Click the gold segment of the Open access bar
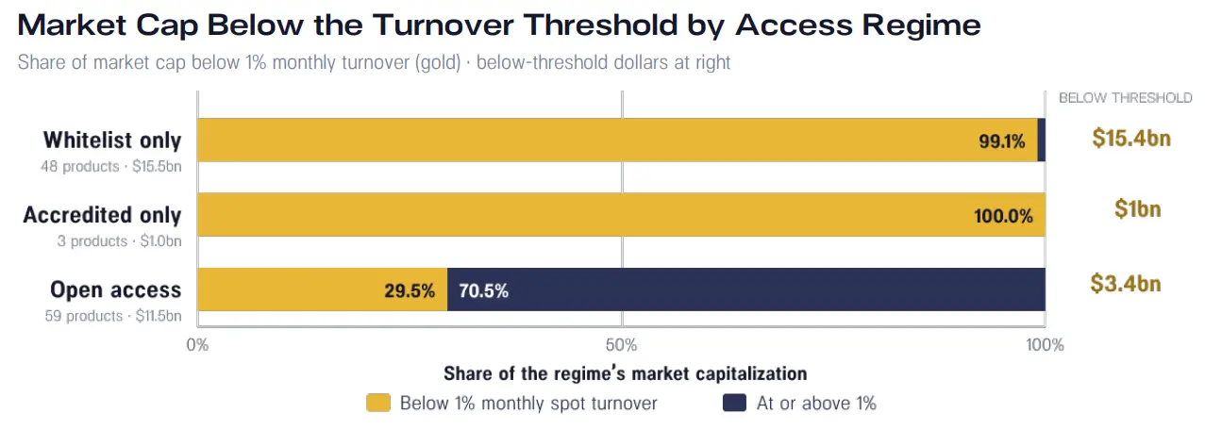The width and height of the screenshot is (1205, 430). click(322, 289)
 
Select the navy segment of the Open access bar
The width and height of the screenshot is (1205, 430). click(746, 289)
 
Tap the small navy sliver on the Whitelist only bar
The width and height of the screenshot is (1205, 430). click(1042, 140)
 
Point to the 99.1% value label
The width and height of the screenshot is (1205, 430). click(1002, 141)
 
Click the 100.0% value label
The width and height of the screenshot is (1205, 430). click(1003, 216)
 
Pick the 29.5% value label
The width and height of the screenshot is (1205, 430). click(410, 290)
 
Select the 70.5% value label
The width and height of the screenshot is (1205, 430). click(484, 290)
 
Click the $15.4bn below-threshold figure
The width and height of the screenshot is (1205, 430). click(1131, 138)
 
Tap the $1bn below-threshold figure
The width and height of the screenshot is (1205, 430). click(1137, 208)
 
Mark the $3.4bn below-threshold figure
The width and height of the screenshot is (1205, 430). click(1126, 283)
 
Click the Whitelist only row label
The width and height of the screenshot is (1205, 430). click(112, 140)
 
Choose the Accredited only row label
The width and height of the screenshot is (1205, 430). click(102, 215)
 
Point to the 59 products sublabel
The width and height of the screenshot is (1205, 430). click(83, 316)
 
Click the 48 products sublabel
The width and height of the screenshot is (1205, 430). click(79, 166)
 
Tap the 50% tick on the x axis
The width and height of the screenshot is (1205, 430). click(621, 344)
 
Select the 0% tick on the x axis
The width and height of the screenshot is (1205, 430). click(197, 344)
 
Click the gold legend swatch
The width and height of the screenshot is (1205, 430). click(378, 403)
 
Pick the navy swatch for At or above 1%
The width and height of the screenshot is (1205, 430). click(734, 403)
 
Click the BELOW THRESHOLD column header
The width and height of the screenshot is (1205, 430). click(1126, 98)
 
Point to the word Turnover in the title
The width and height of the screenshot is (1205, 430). click(443, 25)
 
